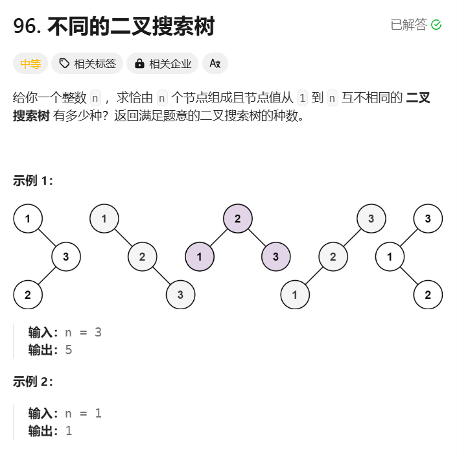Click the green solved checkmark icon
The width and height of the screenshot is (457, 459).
[x=436, y=25]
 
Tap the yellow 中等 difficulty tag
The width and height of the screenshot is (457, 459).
[x=30, y=64]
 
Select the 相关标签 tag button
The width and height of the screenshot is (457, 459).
[x=88, y=64]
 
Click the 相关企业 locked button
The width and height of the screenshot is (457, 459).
[x=163, y=64]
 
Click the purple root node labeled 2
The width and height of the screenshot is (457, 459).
[x=238, y=218]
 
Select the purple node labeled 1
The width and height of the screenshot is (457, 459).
[x=200, y=257]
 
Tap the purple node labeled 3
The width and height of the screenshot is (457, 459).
[x=275, y=257]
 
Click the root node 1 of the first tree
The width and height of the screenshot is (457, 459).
[x=28, y=218]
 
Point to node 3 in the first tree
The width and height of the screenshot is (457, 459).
[x=66, y=257]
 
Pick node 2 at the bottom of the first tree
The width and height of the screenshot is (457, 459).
[x=28, y=295]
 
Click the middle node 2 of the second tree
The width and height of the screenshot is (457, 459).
[x=142, y=257]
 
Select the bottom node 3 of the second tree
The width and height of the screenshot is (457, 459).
[x=180, y=295]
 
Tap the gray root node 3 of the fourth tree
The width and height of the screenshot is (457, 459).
[x=371, y=218]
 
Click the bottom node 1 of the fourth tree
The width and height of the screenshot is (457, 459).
[x=295, y=295]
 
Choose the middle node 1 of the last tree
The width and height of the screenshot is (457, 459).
[x=390, y=257]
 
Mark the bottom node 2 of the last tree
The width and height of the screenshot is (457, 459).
[x=428, y=295]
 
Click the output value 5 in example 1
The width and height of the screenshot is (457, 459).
[x=69, y=349]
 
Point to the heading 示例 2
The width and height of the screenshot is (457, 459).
[x=33, y=382]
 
